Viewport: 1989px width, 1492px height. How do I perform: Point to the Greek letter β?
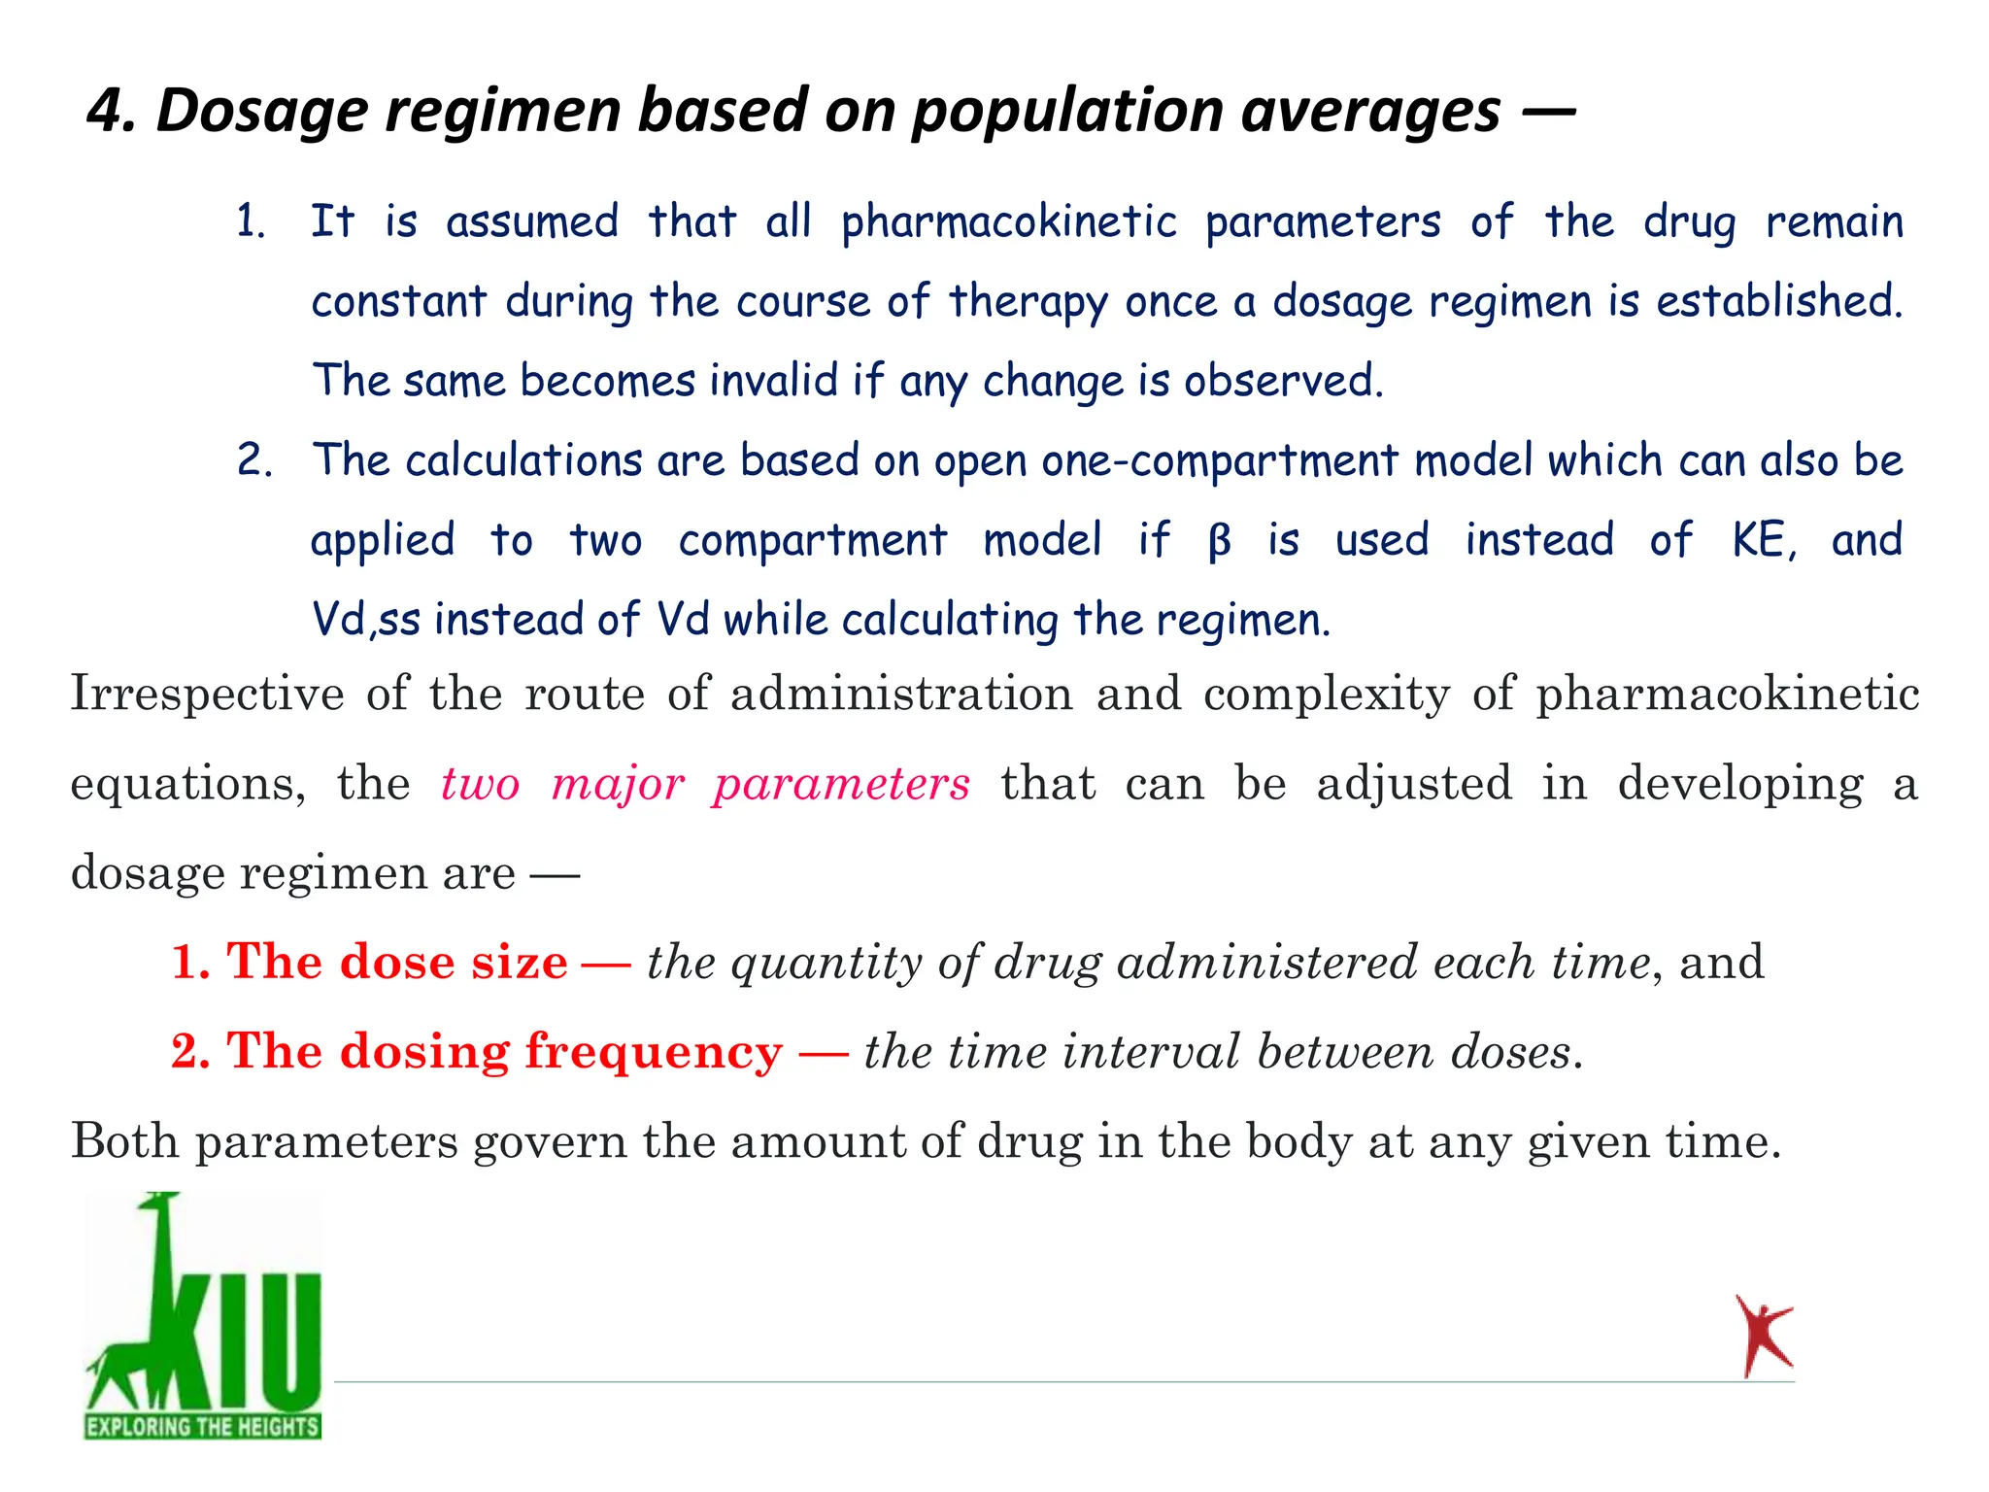tap(1219, 541)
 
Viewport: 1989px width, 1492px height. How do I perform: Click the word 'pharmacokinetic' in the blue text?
tap(1009, 222)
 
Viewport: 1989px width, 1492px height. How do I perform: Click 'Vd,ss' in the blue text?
tap(365, 621)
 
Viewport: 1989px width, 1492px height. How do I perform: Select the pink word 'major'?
tap(619, 784)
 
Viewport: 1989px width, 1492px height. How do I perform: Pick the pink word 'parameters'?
tap(841, 784)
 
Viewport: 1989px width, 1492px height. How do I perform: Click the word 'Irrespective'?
tap(207, 695)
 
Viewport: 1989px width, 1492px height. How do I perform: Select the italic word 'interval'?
tap(1151, 1052)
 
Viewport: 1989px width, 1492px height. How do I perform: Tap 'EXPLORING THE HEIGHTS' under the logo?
tap(203, 1427)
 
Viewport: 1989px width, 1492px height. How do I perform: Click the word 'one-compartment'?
tap(1220, 461)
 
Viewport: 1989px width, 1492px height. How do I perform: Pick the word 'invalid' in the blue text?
tap(773, 381)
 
